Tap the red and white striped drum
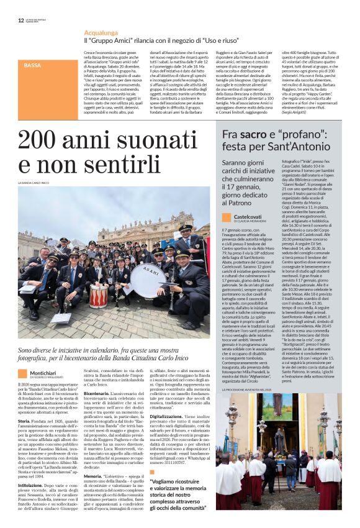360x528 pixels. (99, 295)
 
